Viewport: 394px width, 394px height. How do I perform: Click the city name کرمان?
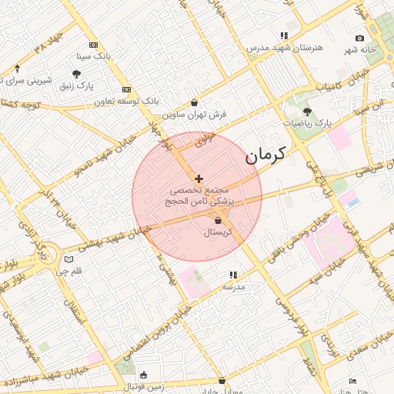pyautogui.click(x=265, y=155)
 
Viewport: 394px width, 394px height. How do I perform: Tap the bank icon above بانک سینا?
pyautogui.click(x=94, y=45)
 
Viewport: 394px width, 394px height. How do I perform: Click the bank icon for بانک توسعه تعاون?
pyautogui.click(x=127, y=89)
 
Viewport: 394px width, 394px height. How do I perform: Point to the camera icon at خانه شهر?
pyautogui.click(x=360, y=38)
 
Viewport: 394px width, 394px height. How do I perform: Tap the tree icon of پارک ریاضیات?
pyautogui.click(x=307, y=112)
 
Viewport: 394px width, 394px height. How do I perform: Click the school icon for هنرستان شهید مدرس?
pyautogui.click(x=284, y=35)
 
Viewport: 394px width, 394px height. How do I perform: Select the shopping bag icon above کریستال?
pyautogui.click(x=219, y=221)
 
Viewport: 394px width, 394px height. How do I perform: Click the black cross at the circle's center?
pyautogui.click(x=199, y=179)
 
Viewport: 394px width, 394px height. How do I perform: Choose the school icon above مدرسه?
pyautogui.click(x=232, y=275)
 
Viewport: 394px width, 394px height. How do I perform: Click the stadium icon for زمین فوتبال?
pyautogui.click(x=143, y=375)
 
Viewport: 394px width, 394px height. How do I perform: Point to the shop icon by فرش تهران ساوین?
pyautogui.click(x=194, y=102)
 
